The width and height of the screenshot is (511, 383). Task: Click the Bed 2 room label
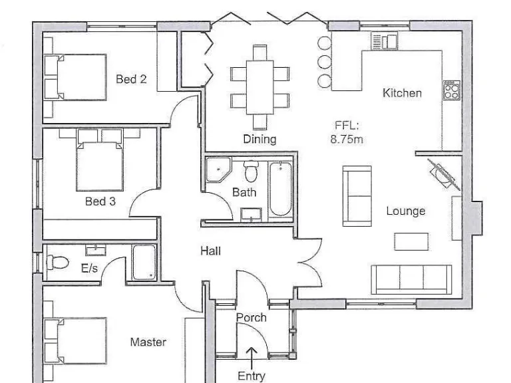(x=131, y=79)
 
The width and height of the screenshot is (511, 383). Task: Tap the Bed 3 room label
(x=100, y=200)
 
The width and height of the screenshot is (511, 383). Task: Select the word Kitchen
(x=402, y=93)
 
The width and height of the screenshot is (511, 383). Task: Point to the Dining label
(x=259, y=139)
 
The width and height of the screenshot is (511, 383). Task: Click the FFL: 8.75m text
(x=347, y=132)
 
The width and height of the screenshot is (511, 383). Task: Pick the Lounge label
(x=405, y=211)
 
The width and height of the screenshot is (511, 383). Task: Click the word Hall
(x=210, y=251)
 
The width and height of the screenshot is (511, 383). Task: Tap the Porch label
(x=251, y=318)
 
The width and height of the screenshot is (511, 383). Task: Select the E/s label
(x=89, y=269)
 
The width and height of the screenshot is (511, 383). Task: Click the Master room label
(x=148, y=342)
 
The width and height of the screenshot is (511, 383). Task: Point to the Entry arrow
(x=252, y=356)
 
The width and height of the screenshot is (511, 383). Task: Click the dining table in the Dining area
(x=259, y=86)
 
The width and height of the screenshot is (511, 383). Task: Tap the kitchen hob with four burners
(x=451, y=90)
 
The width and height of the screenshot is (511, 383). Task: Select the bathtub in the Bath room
(x=279, y=189)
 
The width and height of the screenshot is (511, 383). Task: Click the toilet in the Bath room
(x=251, y=172)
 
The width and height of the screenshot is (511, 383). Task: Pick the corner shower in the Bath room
(x=217, y=170)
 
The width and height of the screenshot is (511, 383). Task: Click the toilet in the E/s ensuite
(x=58, y=263)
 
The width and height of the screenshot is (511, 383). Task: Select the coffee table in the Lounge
(x=411, y=241)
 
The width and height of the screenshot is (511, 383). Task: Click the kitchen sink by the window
(x=384, y=42)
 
